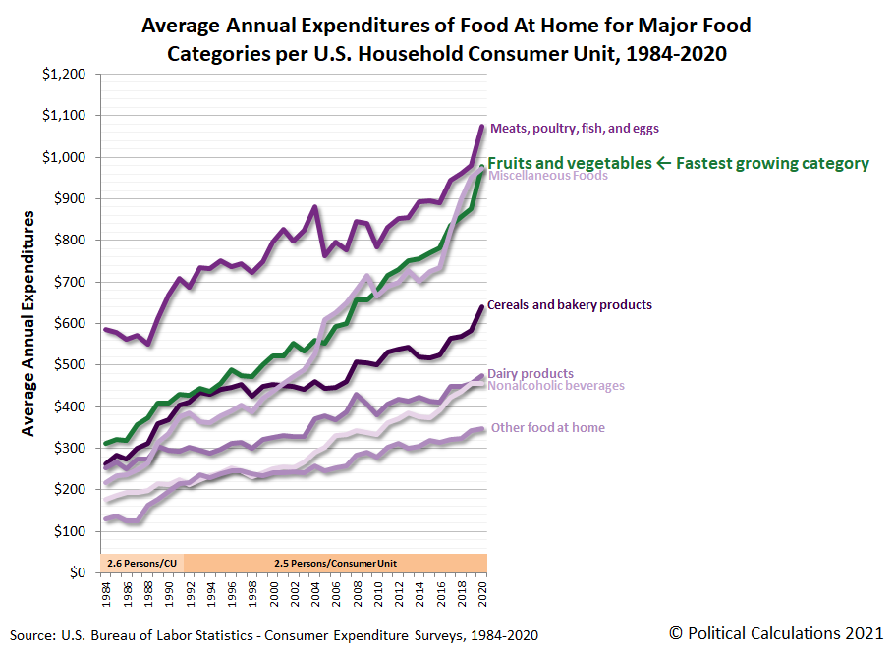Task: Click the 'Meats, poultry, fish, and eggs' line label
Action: [x=575, y=128]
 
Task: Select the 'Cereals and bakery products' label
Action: [x=570, y=305]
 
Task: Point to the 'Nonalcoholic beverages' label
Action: [x=556, y=386]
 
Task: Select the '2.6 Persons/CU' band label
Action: [x=140, y=563]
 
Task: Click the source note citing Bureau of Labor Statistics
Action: [x=275, y=635]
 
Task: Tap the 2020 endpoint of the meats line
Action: [x=481, y=127]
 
